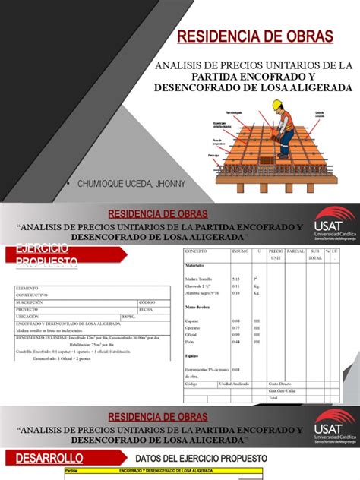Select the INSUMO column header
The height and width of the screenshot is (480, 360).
(x=240, y=249)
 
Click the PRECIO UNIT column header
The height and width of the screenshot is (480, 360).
(x=276, y=252)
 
